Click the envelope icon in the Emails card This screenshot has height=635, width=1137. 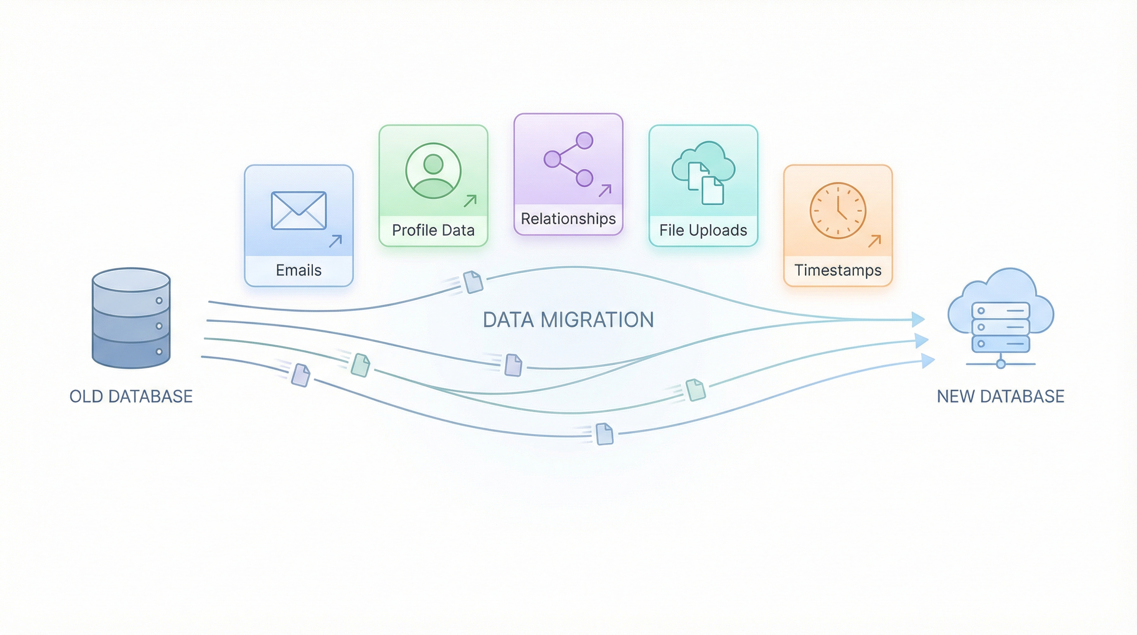pos(299,211)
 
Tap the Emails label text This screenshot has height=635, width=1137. pos(299,270)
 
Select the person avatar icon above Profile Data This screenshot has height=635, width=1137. pos(433,170)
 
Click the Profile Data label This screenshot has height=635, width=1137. pos(433,230)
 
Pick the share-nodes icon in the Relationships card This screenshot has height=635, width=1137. pos(568,159)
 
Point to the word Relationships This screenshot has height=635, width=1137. pos(568,219)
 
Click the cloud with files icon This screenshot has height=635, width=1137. pos(703,172)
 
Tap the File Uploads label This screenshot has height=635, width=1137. pos(703,230)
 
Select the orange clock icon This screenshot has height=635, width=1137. pos(838,211)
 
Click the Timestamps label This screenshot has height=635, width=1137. pos(838,270)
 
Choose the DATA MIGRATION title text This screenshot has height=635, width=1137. pos(568,320)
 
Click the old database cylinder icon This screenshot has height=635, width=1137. pos(131,318)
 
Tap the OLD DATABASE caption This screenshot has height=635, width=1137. pos(131,396)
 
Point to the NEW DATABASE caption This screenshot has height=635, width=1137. pos(1001,396)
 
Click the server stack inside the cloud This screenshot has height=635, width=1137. pos(1001,327)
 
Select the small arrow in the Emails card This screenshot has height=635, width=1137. pos(335,241)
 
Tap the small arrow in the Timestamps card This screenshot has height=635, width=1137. pos(874,241)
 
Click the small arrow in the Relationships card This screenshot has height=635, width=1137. pos(605,190)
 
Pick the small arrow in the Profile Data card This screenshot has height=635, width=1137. pos(470,201)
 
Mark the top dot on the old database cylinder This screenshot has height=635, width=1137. pos(159,301)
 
